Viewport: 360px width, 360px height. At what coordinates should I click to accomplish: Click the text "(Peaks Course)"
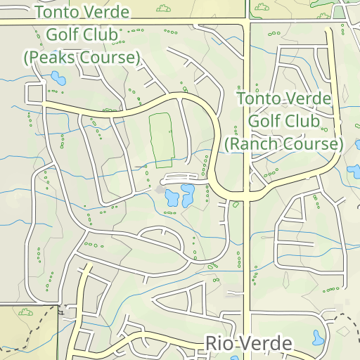click(x=82, y=57)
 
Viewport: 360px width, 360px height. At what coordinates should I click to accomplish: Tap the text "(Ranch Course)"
click(x=283, y=144)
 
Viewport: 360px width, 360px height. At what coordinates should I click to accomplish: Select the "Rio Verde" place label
click(x=249, y=343)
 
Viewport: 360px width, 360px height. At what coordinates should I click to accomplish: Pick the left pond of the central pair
click(x=172, y=198)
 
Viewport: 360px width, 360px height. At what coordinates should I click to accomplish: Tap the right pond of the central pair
click(x=188, y=194)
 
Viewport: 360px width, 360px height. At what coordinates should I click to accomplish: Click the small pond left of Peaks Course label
click(x=57, y=79)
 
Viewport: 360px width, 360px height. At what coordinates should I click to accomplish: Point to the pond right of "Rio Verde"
click(x=318, y=338)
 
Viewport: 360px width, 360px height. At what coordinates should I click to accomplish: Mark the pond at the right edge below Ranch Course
click(x=354, y=169)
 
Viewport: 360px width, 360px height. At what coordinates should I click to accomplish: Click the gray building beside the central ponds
click(x=161, y=189)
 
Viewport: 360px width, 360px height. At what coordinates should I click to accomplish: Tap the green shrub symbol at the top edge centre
click(x=164, y=8)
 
